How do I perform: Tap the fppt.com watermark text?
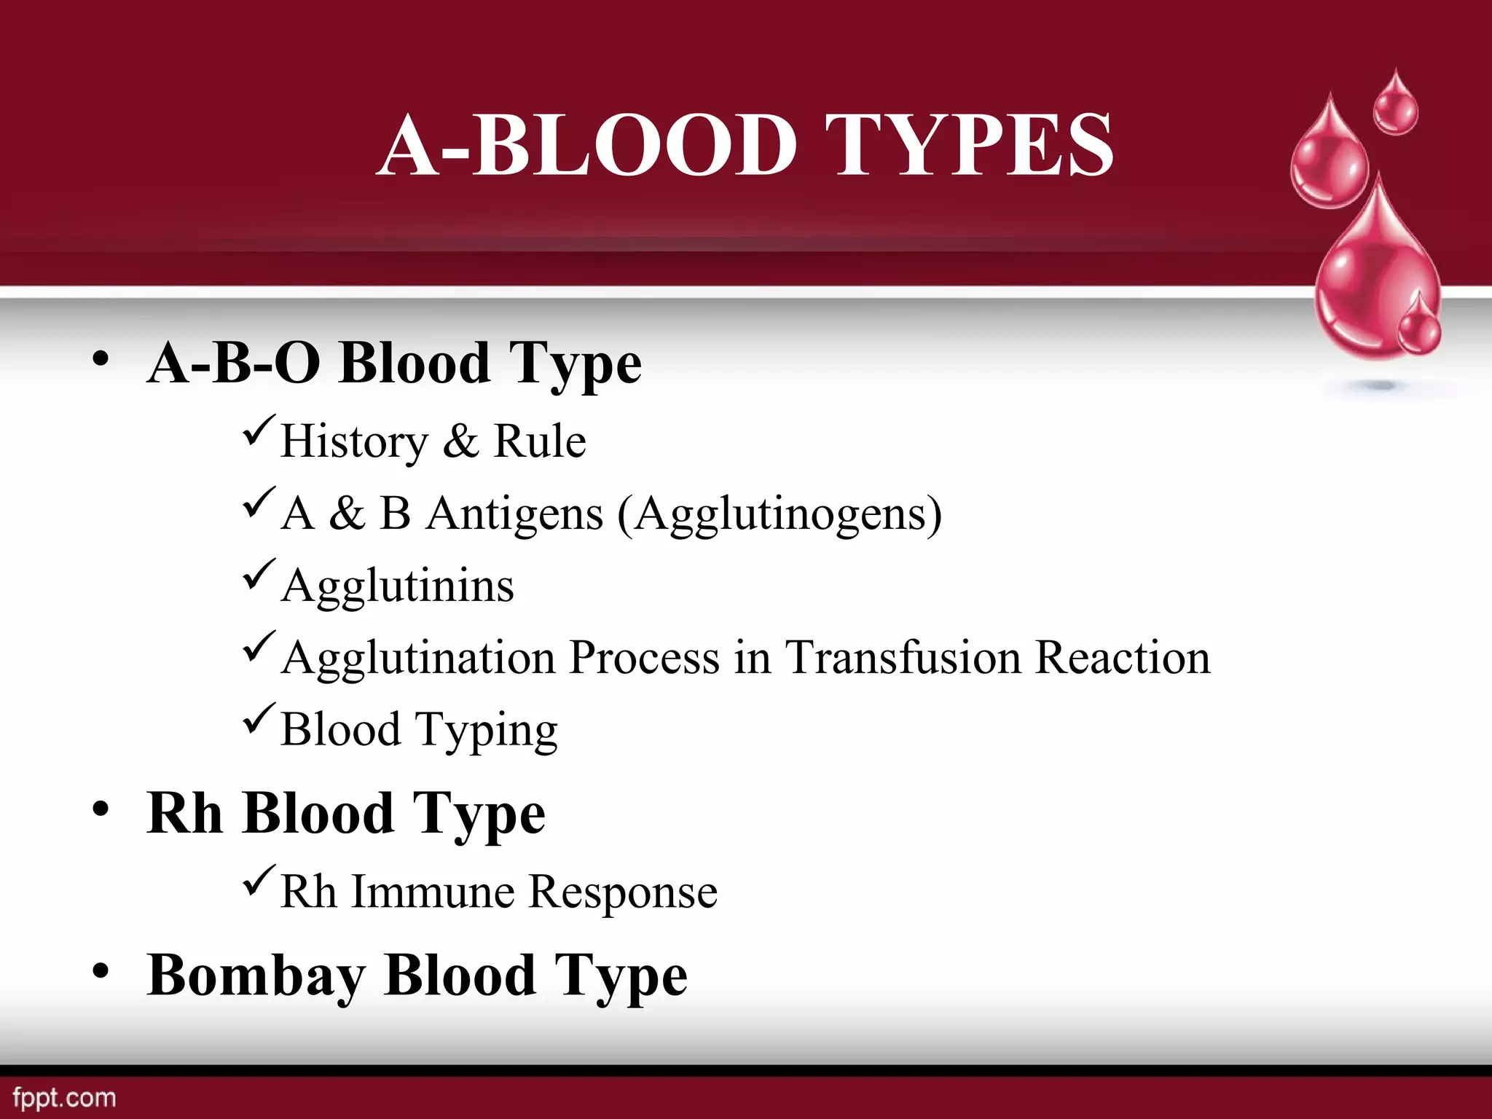64,1097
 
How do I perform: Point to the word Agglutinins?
398,586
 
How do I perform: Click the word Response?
623,892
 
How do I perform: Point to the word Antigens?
515,514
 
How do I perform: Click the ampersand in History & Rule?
460,441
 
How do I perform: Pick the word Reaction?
1123,657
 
